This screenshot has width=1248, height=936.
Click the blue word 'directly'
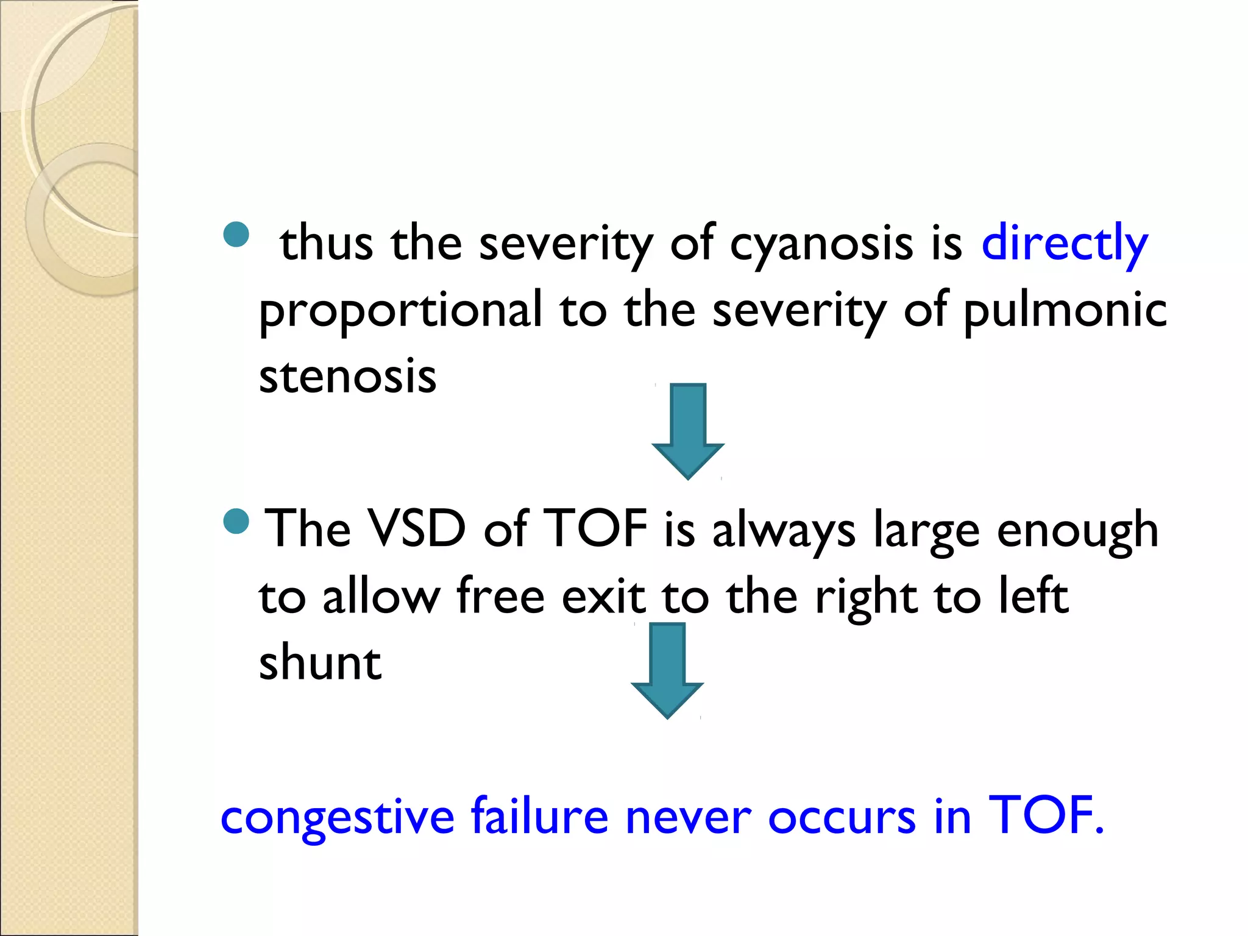pos(1064,244)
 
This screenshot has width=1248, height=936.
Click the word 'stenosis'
pos(347,376)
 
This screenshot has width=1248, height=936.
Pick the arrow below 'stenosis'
pos(688,430)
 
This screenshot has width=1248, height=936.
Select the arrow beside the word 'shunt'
pos(667,669)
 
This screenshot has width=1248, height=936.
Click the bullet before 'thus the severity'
pos(236,235)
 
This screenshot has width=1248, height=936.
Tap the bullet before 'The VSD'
pos(236,520)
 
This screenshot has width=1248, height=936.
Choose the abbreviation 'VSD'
pos(418,529)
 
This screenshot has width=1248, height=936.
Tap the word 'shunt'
pos(320,662)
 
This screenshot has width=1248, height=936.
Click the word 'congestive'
pos(337,817)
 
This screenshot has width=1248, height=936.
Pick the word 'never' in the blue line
pos(688,817)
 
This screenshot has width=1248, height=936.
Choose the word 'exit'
pos(603,596)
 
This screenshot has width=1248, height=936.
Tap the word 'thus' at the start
pos(327,243)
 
